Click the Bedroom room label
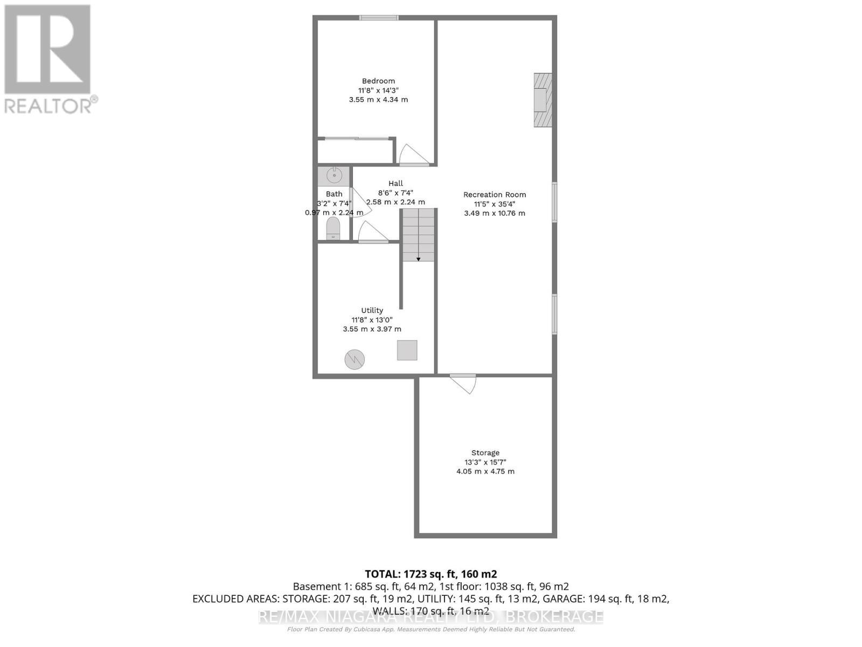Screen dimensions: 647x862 click(x=378, y=81)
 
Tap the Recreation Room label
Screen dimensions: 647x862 click(x=495, y=195)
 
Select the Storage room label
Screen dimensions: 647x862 click(x=485, y=453)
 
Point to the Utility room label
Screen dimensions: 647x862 click(x=372, y=311)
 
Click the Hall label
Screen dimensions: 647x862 click(x=395, y=183)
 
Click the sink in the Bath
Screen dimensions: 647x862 click(x=334, y=176)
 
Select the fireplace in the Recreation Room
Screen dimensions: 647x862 click(x=542, y=100)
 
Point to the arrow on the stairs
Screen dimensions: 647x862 click(x=419, y=259)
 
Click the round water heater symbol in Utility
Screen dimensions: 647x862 click(x=354, y=359)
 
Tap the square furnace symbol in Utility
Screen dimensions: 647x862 click(x=407, y=350)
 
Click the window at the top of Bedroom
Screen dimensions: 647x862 click(x=379, y=18)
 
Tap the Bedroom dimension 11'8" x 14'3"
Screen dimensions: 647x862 click(x=378, y=91)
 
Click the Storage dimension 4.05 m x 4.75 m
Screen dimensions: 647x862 click(x=485, y=471)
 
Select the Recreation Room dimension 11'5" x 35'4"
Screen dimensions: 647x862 click(x=495, y=204)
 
